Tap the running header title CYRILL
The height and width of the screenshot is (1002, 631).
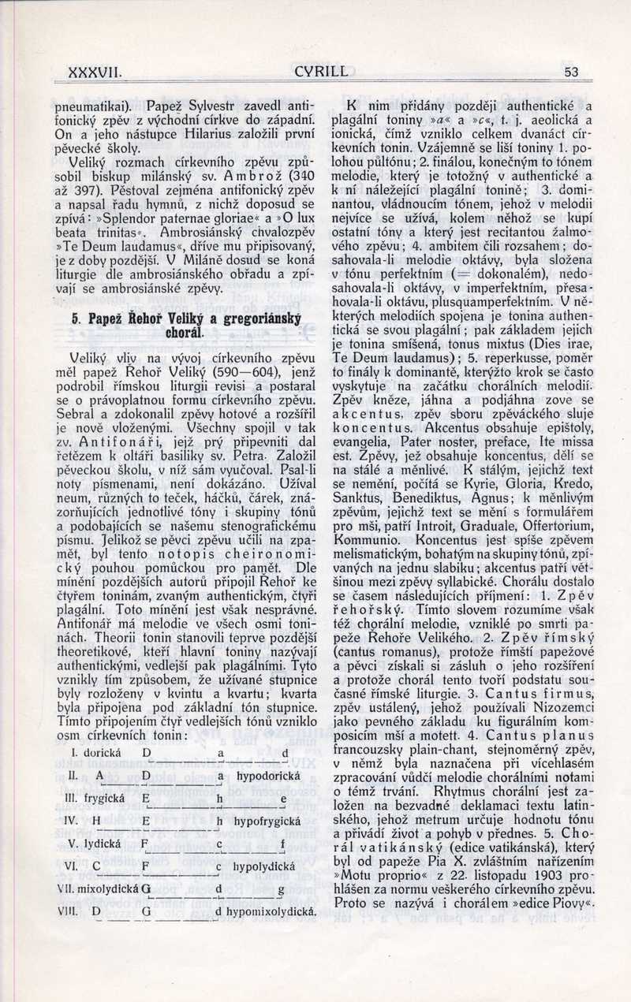[320, 72]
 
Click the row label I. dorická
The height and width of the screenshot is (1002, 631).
[95, 753]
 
